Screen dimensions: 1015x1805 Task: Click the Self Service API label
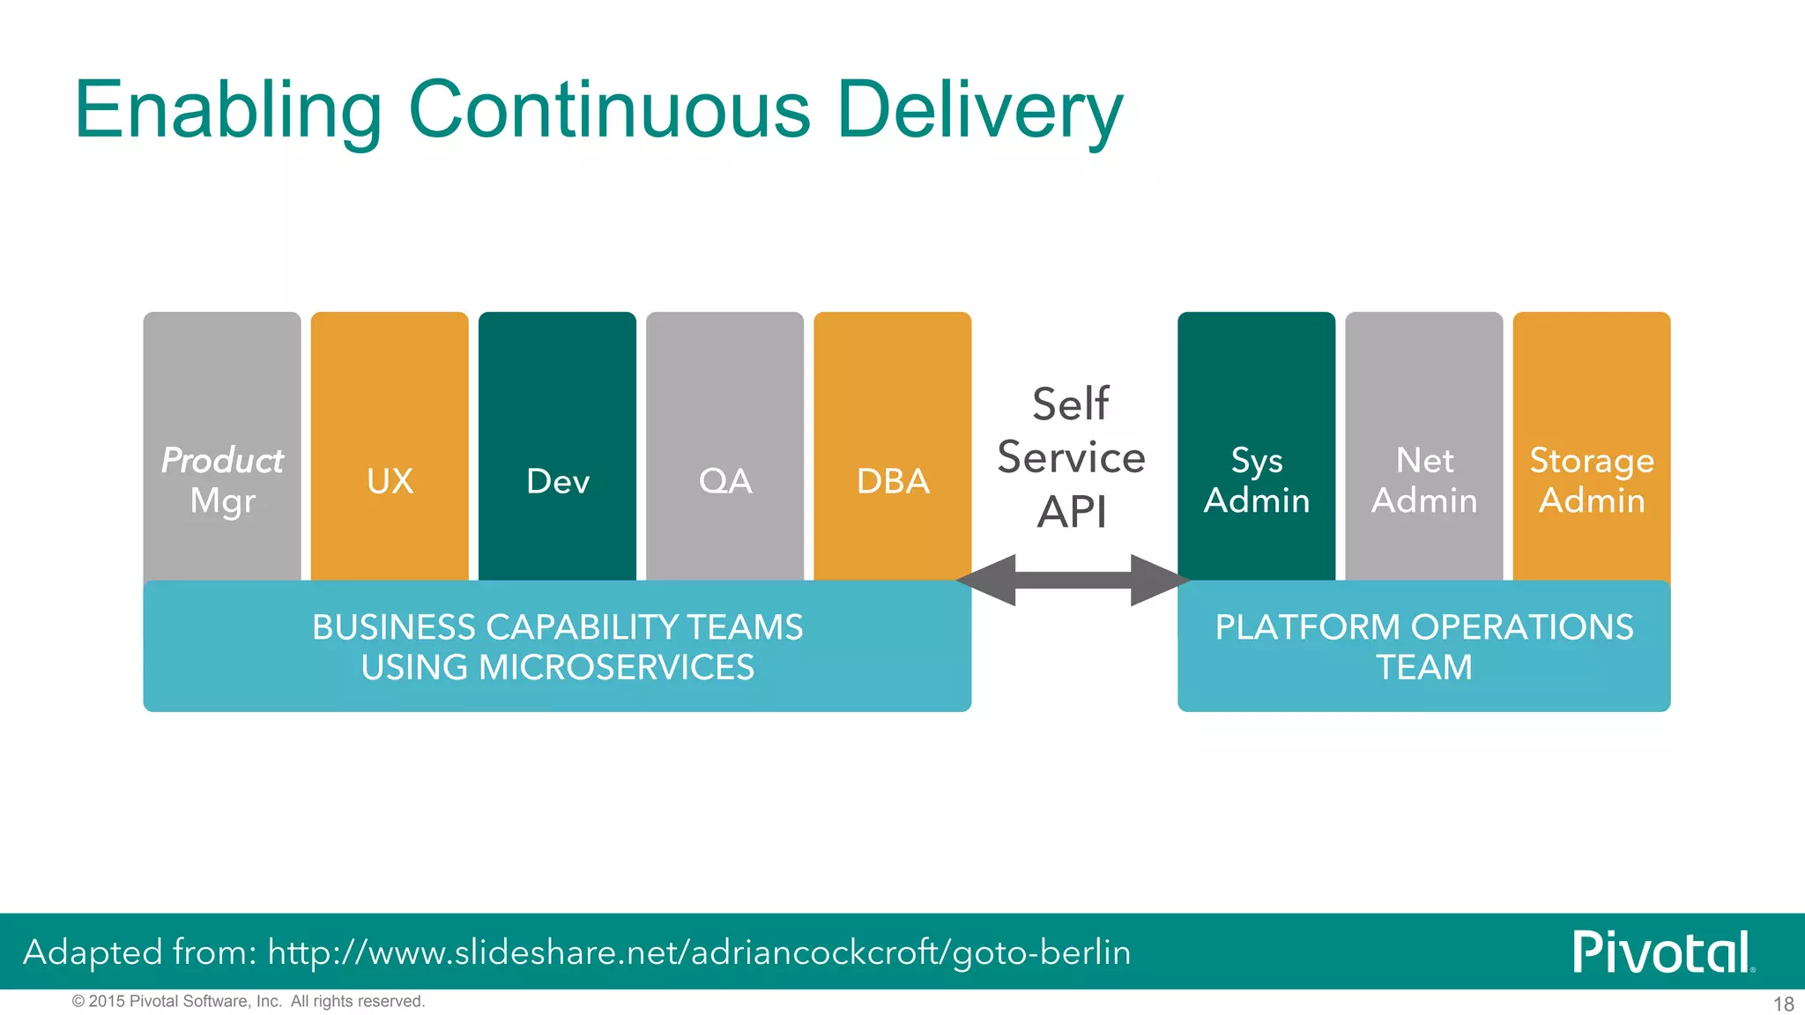click(1071, 458)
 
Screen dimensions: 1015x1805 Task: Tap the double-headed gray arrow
click(1073, 580)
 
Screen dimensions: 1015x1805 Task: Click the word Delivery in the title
click(979, 110)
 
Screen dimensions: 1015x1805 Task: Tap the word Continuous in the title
click(609, 110)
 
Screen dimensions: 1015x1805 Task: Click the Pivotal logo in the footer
click(1662, 952)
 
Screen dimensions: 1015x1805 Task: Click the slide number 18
click(1783, 1004)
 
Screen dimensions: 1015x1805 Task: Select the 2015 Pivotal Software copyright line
click(249, 1001)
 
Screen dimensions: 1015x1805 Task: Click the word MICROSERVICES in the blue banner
click(616, 667)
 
